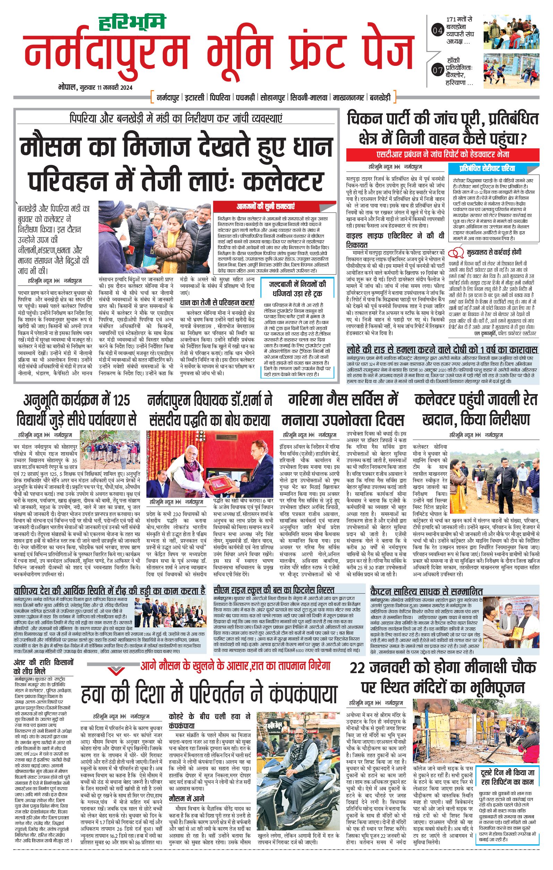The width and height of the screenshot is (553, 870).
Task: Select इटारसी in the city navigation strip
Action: click(x=195, y=97)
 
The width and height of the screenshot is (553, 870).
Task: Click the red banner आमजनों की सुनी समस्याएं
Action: click(x=265, y=207)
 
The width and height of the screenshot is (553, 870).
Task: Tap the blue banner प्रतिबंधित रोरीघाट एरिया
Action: click(x=487, y=168)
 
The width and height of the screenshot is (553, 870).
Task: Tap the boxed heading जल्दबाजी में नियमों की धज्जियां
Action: click(x=297, y=289)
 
